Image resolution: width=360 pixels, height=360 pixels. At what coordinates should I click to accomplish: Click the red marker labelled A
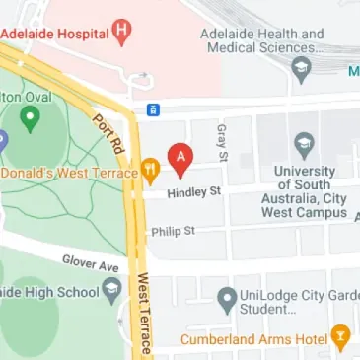[x=179, y=157]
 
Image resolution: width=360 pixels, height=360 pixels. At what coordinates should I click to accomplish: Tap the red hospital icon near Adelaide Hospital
[x=122, y=31]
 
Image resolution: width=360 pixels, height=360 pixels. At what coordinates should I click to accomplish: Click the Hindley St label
[x=192, y=192]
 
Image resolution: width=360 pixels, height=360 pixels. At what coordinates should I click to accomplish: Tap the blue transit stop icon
[x=153, y=108]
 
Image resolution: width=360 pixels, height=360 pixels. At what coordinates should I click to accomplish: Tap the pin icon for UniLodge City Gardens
[x=228, y=296]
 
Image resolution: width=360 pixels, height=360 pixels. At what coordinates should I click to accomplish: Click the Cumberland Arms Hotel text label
[x=253, y=339]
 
